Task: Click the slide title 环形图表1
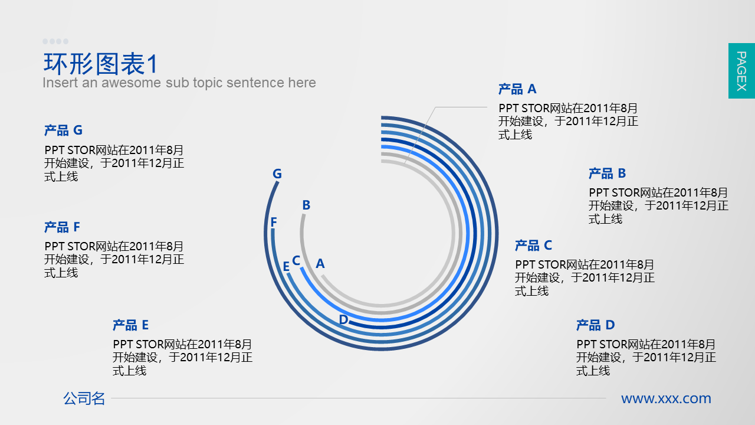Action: pos(100,64)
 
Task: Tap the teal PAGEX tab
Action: pos(741,71)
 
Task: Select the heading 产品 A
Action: pos(517,89)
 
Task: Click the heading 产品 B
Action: pos(608,174)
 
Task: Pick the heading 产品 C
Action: pos(534,245)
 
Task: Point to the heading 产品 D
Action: pos(596,325)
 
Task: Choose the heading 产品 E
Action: pos(131,325)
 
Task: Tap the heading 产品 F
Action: pos(63,227)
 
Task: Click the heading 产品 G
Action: pos(63,130)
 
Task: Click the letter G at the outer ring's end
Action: pos(277,174)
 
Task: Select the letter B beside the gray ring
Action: pos(306,205)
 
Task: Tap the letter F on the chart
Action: pos(274,222)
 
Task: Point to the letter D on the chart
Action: pos(343,319)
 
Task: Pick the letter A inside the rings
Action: pos(320,263)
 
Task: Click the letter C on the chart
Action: pos(296,260)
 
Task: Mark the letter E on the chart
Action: pos(286,266)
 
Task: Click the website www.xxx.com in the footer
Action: pos(666,398)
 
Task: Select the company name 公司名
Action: pos(84,398)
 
